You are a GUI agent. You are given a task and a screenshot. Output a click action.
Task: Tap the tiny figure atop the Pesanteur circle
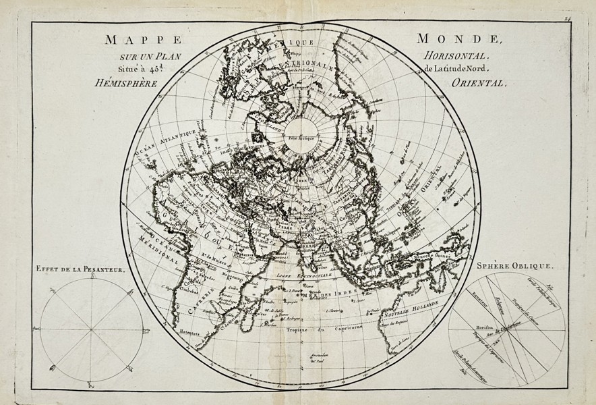92,278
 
